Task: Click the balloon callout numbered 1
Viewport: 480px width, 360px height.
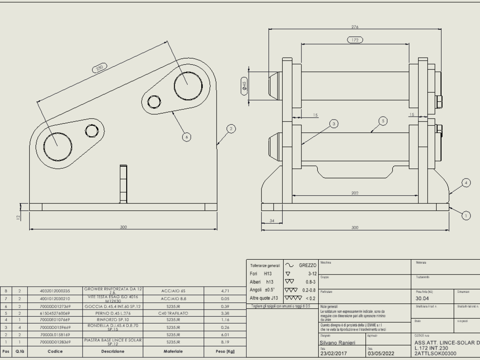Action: pos(466,216)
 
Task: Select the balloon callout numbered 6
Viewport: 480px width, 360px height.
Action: pos(187,137)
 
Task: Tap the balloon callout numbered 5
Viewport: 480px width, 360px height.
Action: pos(383,121)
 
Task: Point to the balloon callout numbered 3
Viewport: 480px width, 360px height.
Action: pos(334,124)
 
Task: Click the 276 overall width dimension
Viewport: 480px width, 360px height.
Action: pos(356,27)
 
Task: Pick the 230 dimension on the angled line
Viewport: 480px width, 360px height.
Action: pos(99,68)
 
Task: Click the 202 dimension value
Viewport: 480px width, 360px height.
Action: pos(355,193)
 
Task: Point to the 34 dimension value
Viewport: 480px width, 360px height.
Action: pos(272,221)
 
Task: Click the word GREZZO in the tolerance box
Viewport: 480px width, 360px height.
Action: pos(307,265)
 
